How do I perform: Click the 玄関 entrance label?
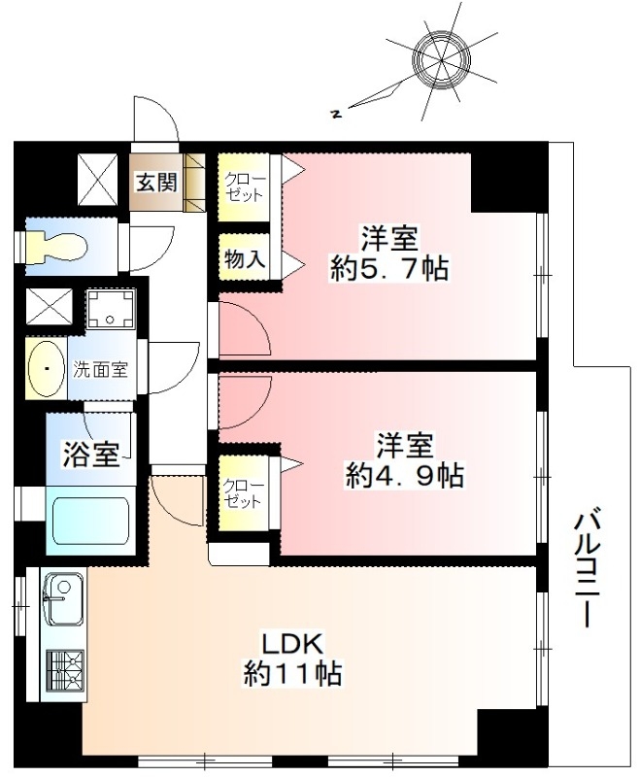coord(157,183)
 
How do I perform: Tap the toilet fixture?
coord(57,247)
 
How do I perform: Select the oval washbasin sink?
coord(46,368)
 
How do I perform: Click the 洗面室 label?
coord(101,370)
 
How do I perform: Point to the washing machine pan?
coord(111,308)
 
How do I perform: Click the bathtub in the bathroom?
coord(90,521)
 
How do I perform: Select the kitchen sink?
coord(63,599)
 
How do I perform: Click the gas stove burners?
coord(64,670)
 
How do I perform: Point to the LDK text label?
coord(292,644)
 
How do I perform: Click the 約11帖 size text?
coord(292,673)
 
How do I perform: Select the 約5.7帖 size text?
coord(389,269)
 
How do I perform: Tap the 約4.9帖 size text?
coord(405,475)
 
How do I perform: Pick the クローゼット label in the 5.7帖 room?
coord(245,186)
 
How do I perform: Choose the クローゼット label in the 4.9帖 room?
coord(243,493)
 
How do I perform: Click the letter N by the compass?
coord(337,115)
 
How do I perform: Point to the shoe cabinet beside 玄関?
coord(194,183)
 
